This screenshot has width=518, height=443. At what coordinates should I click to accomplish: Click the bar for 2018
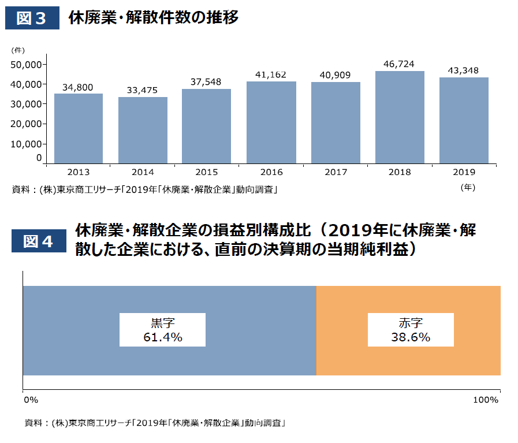[x=400, y=117]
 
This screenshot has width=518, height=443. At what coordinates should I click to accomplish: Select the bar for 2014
[x=143, y=130]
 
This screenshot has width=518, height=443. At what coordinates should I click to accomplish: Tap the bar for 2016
[x=271, y=122]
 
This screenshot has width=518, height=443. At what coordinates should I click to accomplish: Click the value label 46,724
[x=400, y=64]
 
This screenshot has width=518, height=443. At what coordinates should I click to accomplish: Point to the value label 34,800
[x=78, y=87]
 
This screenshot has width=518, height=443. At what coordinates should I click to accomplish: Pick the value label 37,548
[x=206, y=82]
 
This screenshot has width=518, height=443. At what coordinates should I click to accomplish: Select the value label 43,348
[x=464, y=70]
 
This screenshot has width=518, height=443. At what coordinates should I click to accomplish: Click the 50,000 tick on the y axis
[x=26, y=65]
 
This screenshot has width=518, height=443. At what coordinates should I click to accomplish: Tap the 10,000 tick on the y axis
[x=26, y=144]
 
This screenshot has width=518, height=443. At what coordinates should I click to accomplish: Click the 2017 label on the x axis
[x=336, y=172]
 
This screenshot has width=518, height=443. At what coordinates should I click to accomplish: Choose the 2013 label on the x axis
[x=78, y=172]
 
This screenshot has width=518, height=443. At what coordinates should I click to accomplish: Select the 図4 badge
[x=39, y=241]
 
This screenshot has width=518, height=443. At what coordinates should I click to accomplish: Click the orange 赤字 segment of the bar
[x=408, y=358]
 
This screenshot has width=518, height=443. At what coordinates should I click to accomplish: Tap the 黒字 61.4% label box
[x=162, y=330]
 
